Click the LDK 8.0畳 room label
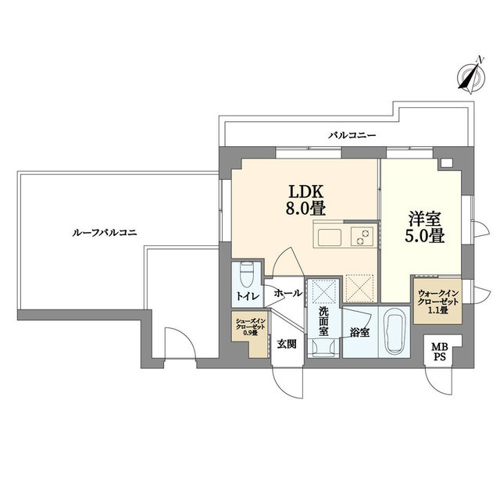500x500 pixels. tap(305, 200)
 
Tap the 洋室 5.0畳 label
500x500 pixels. tap(424, 227)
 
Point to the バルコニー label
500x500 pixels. tap(352, 135)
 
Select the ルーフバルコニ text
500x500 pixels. tap(105, 233)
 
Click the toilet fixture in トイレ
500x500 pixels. tap(246, 274)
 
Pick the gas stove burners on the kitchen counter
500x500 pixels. tap(362, 237)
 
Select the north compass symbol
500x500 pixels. tap(471, 76)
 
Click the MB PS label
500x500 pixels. tap(439, 352)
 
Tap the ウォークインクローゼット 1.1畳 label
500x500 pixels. tap(438, 302)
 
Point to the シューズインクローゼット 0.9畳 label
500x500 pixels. tap(250, 327)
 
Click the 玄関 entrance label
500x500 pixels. tap(287, 344)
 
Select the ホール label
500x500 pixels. tap(287, 293)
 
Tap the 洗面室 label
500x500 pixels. tap(323, 321)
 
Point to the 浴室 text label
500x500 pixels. tap(359, 333)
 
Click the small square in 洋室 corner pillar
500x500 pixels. tap(447, 163)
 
